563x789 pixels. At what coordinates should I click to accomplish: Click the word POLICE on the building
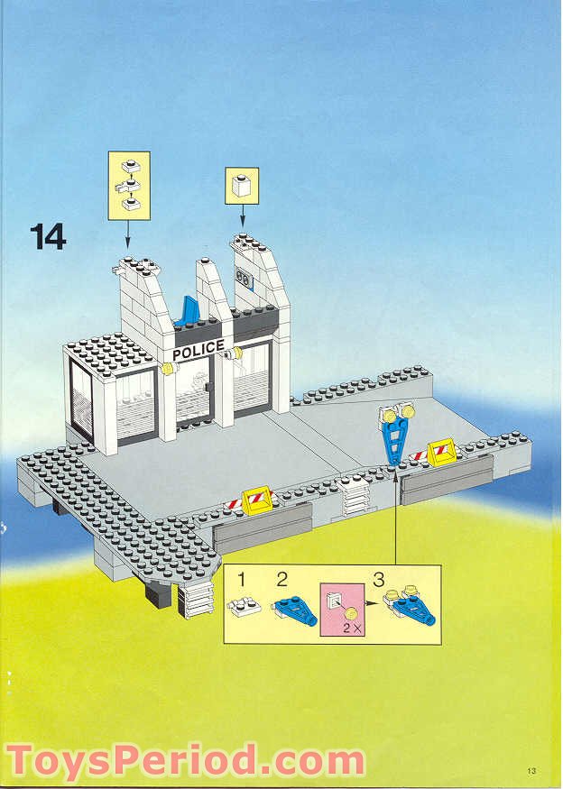tap(198, 349)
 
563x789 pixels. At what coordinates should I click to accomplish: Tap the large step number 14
tap(49, 236)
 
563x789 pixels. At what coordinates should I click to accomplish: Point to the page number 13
tap(533, 770)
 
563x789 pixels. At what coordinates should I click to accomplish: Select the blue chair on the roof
tap(189, 311)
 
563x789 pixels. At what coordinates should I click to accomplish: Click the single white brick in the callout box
tap(241, 187)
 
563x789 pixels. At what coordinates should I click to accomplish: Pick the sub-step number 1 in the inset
tap(241, 577)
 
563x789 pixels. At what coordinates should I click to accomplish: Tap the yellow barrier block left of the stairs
tap(258, 499)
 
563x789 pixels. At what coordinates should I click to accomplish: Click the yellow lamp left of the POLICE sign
tap(168, 368)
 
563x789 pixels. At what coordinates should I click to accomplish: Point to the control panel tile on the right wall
tap(244, 279)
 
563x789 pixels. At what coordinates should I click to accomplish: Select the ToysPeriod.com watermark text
tap(184, 761)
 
